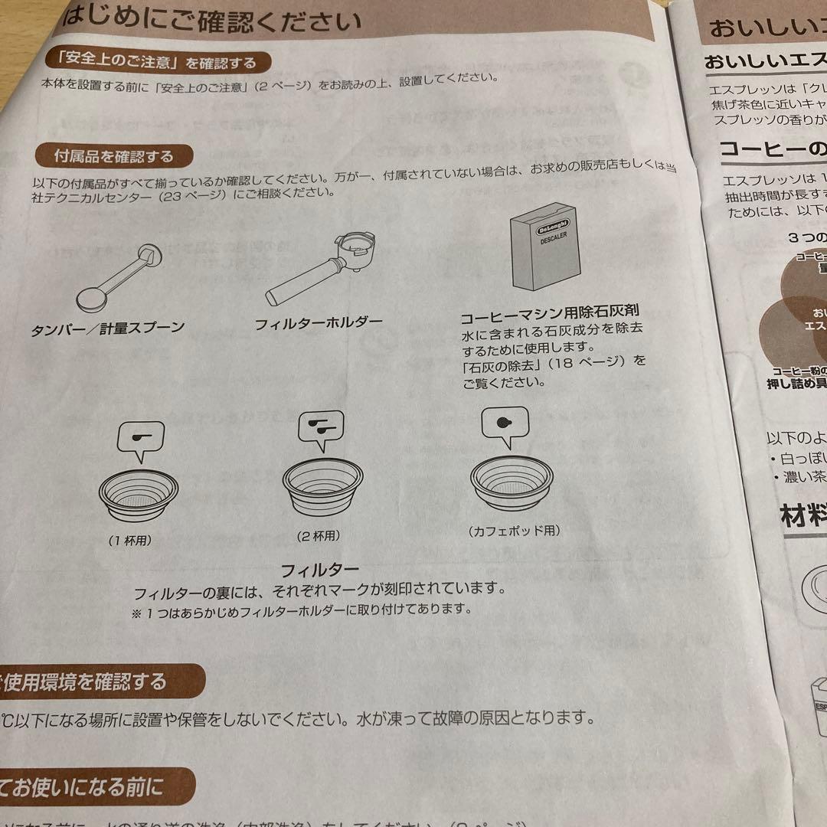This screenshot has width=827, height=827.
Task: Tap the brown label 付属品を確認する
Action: [x=113, y=156]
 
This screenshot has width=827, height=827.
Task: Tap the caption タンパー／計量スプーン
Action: [x=108, y=329]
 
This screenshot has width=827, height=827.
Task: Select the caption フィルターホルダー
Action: [x=319, y=322]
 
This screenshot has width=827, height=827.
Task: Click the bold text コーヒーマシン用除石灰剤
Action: [x=549, y=315]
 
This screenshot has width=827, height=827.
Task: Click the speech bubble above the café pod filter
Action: [x=506, y=427]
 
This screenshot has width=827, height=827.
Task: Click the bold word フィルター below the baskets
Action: [x=319, y=570]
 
